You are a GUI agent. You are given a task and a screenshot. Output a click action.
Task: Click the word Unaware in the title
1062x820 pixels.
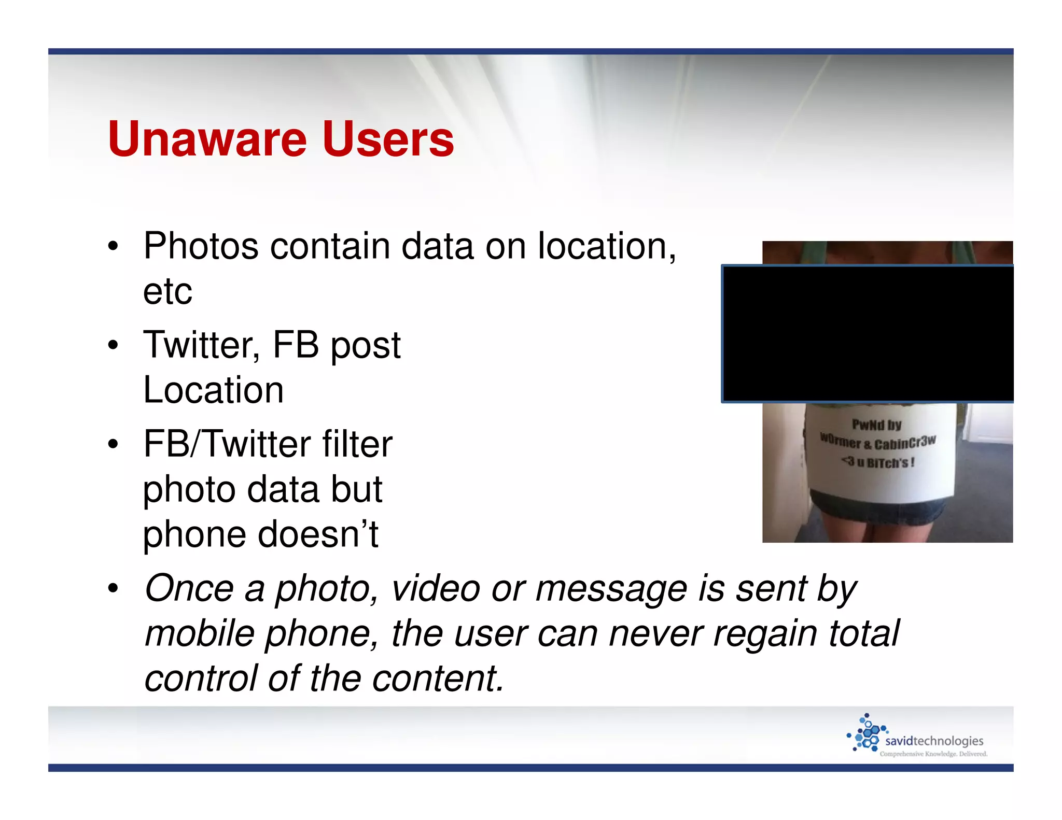pos(207,139)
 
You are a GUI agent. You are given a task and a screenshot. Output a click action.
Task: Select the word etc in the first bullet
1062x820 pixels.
pos(167,291)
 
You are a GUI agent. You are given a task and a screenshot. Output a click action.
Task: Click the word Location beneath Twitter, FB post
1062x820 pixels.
pos(213,390)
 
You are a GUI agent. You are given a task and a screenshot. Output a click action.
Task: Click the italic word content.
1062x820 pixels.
pos(438,678)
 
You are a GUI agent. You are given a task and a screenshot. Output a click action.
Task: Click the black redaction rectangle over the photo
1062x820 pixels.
pos(868,334)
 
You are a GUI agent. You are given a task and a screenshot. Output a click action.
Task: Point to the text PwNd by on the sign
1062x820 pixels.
pos(877,425)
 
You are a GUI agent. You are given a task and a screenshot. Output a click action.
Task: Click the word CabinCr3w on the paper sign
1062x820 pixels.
pos(905,443)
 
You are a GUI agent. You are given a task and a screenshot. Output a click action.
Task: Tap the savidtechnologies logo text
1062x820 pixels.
pos(934,741)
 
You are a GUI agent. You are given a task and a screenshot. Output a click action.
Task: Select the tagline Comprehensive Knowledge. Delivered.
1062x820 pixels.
pos(933,754)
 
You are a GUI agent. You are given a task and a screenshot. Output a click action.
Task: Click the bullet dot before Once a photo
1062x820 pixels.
pos(113,589)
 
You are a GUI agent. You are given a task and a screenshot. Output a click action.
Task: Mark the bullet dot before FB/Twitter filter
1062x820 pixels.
pos(113,445)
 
